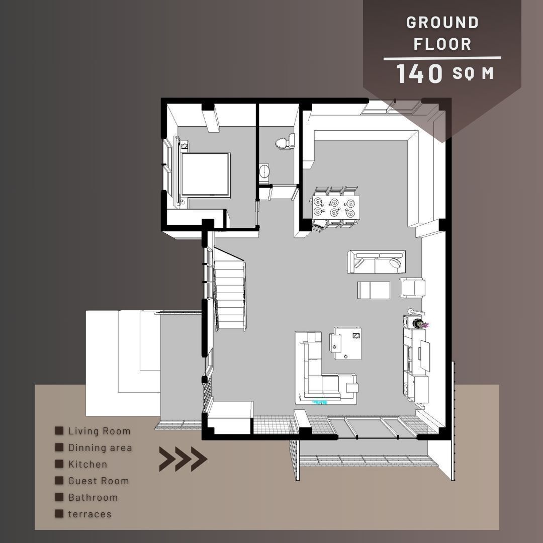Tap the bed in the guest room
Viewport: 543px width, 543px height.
(205, 175)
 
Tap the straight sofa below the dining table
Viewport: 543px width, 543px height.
(376, 261)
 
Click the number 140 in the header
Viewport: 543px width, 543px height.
(419, 73)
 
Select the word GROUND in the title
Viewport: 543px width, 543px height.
(442, 23)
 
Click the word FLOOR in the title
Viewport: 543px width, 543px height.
(442, 44)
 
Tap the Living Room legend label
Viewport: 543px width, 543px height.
(99, 431)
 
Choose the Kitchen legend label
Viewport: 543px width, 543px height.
(87, 464)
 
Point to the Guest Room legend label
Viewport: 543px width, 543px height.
(99, 481)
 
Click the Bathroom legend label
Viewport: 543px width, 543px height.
(93, 497)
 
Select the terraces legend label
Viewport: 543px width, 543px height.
(90, 514)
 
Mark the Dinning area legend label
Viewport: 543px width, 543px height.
(100, 447)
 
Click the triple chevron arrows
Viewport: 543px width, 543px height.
(183, 459)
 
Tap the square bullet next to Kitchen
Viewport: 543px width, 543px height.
(59, 464)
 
